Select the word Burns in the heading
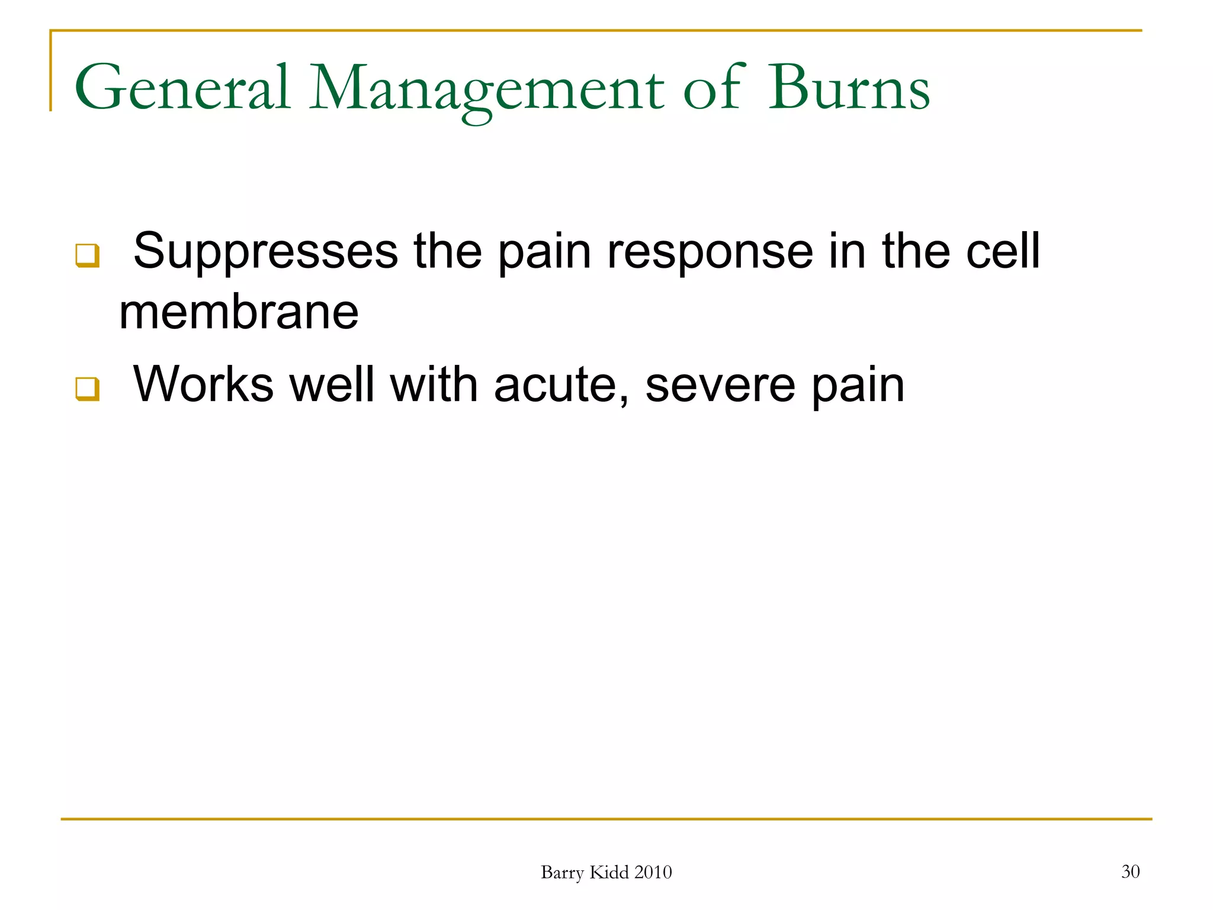click(849, 89)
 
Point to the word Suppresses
click(265, 252)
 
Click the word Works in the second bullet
click(203, 385)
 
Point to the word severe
click(720, 385)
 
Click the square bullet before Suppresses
click(87, 255)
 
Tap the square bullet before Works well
click(87, 389)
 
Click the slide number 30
click(1130, 871)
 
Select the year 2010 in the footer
click(653, 873)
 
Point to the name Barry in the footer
click(562, 873)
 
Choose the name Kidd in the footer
click(609, 873)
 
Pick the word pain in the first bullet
click(544, 252)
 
